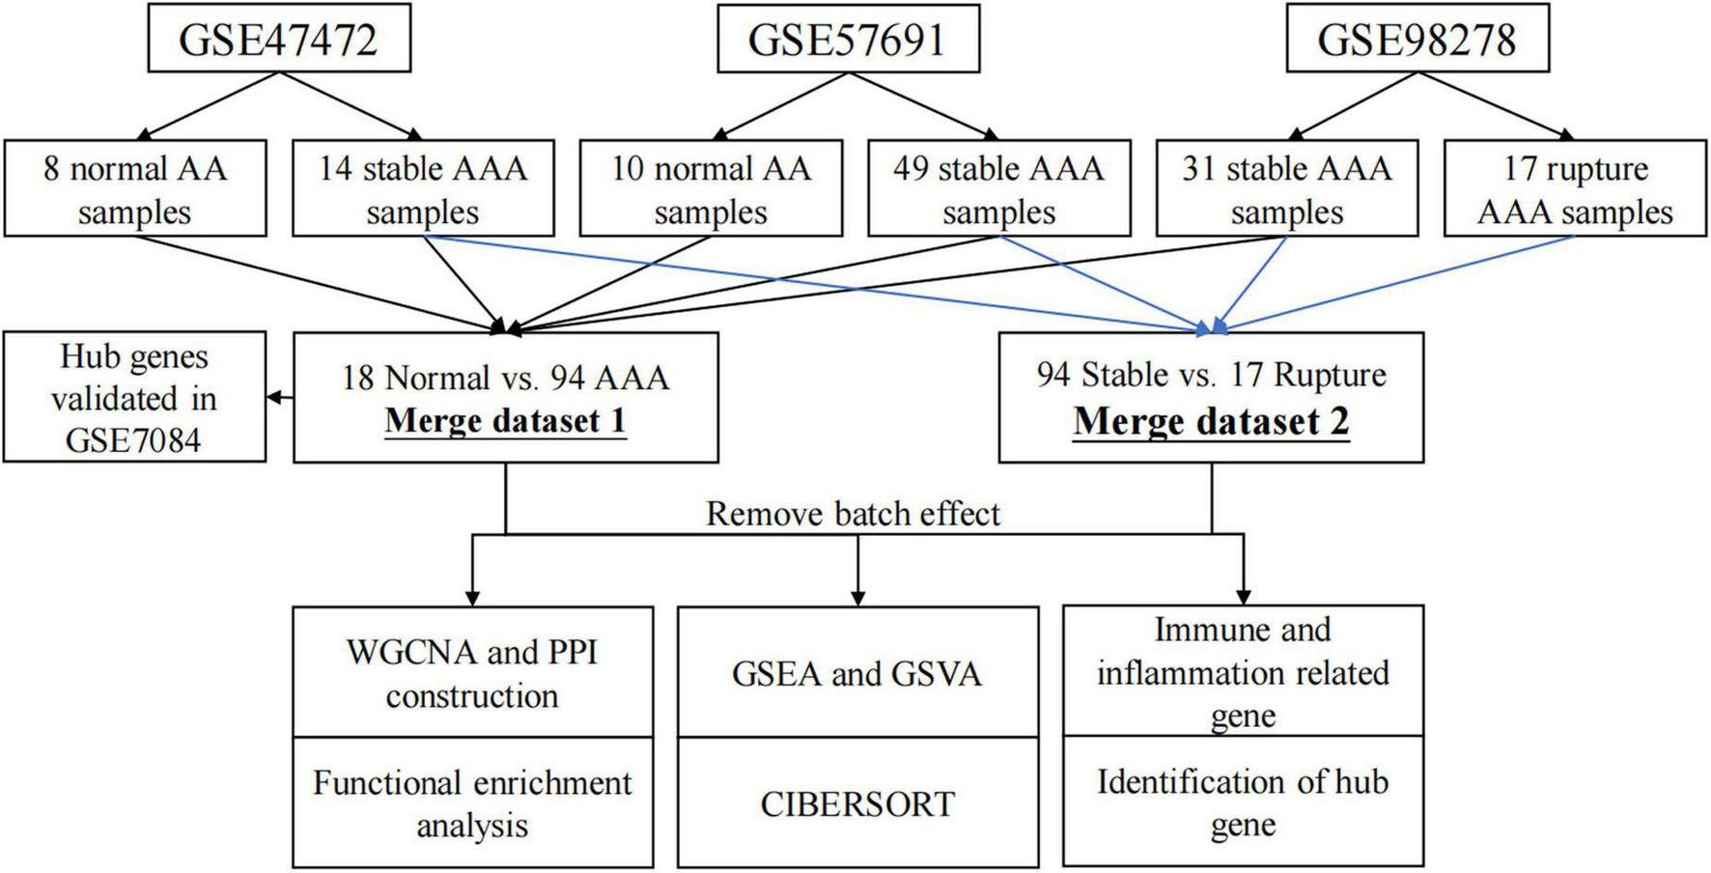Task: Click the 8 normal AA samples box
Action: coord(134,189)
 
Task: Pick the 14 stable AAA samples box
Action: coord(423,189)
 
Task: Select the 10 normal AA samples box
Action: coord(711,189)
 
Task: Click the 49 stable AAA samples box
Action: coord(998,189)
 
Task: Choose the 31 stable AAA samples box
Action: coord(1286,189)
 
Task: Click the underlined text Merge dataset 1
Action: coord(505,421)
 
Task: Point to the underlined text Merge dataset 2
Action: coord(1211,421)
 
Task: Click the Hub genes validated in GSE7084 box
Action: coord(134,398)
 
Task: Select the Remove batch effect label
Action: coord(853,513)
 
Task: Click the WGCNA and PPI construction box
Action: coord(472,673)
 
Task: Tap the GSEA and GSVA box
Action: coord(857,673)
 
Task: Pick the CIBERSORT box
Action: coord(857,803)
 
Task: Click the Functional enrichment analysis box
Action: coord(472,803)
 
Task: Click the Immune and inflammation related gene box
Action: coord(1243,672)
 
